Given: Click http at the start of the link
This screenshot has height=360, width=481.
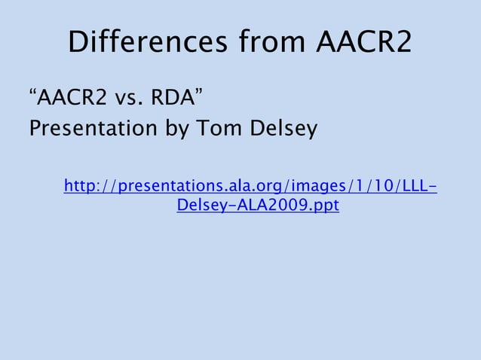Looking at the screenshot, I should pyautogui.click(x=81, y=186).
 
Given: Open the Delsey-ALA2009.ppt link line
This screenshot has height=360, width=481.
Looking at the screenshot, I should pyautogui.click(x=258, y=205).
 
